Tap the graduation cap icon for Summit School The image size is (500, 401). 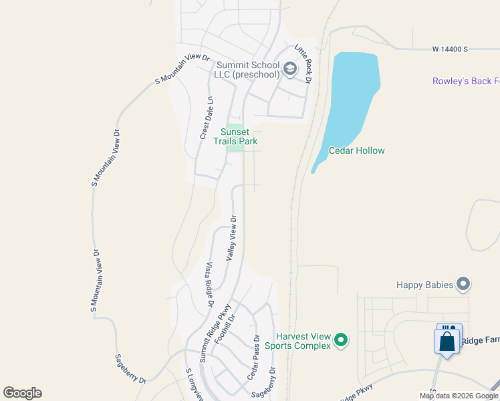290,68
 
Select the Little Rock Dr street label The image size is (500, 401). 303,64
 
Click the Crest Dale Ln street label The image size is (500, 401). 206,118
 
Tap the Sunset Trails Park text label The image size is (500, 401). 235,136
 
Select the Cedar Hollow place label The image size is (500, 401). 356,150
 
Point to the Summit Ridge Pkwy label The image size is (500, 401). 215,333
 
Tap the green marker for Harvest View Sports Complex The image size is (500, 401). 341,341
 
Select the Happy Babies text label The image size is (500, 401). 424,285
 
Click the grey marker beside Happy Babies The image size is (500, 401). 463,285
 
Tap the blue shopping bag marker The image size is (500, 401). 447,341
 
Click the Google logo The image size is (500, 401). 22,393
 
